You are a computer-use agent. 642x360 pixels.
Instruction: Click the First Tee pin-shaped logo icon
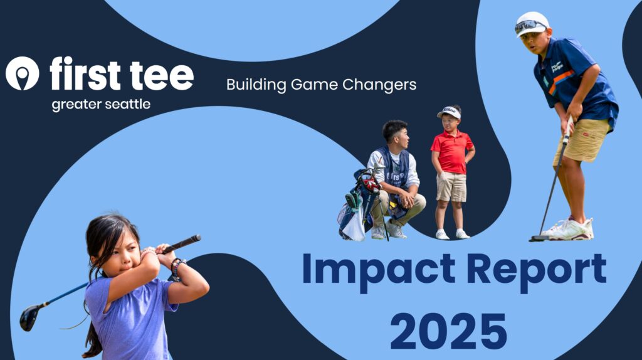tap(22, 73)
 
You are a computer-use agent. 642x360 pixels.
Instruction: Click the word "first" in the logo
tap(85, 73)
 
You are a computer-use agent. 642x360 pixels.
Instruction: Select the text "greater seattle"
tap(101, 105)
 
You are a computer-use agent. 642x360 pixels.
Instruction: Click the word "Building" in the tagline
tap(256, 85)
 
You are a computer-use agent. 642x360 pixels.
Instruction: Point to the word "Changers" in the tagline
tap(379, 85)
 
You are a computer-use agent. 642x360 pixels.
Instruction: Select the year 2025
tap(448, 331)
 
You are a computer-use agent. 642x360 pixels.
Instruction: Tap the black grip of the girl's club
tap(182, 243)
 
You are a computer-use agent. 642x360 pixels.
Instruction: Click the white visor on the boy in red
tap(450, 112)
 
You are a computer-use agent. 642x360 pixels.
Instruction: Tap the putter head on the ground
tap(538, 238)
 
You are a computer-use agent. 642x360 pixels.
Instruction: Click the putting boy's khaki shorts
tap(581, 141)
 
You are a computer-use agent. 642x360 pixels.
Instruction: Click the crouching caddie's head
tap(396, 134)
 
